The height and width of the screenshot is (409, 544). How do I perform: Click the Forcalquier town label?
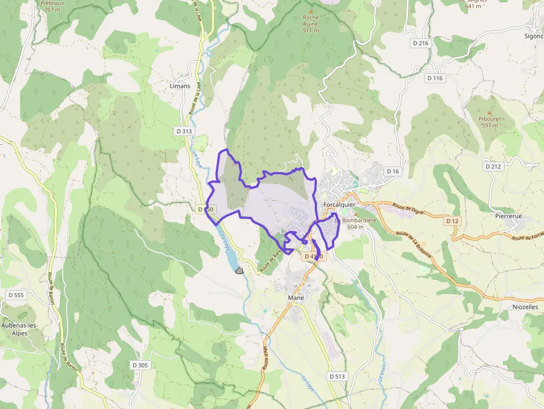339,204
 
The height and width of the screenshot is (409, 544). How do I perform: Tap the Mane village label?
296,297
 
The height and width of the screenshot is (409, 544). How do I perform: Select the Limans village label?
180,86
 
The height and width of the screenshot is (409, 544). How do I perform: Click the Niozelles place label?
525,306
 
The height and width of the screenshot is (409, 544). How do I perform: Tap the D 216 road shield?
421,43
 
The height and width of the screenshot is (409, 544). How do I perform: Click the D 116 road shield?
435,78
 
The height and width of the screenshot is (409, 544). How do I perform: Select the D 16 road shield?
392,171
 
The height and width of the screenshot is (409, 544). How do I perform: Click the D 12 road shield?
452,221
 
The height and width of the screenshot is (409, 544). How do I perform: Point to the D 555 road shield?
16,295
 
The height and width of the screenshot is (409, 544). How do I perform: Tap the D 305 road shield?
140,365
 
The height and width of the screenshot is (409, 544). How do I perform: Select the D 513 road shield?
337,376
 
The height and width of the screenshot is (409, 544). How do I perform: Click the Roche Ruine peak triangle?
311,11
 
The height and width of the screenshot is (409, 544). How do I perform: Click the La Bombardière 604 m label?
355,223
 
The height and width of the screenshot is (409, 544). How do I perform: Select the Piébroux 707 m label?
52,6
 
